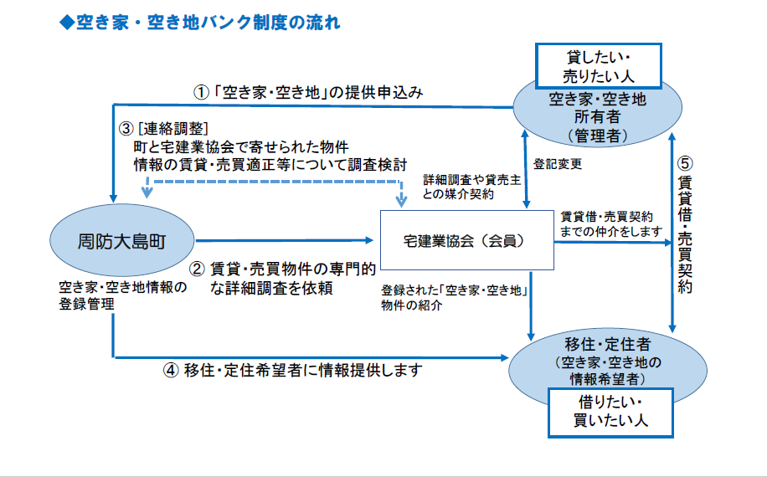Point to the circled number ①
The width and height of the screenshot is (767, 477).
[x=201, y=92]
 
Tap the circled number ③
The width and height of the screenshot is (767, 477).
[x=126, y=128]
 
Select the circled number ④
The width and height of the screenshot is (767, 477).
[x=171, y=370]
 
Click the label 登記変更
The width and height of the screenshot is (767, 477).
[x=557, y=163]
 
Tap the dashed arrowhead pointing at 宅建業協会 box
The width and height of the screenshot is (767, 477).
[x=401, y=200]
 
